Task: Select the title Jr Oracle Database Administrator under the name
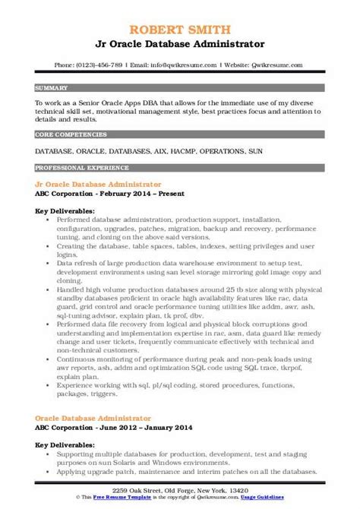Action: click(180, 25)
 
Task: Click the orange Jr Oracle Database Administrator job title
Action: click(98, 184)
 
